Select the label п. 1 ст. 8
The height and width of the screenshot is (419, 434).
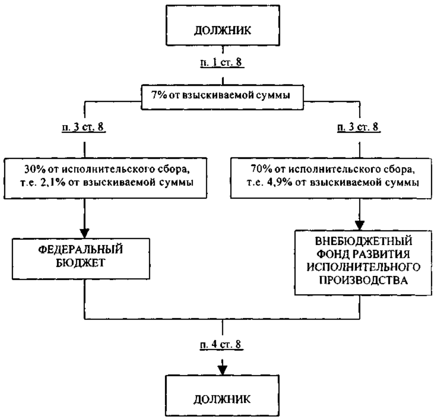tap(222, 62)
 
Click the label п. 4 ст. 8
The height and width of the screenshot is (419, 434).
tap(222, 345)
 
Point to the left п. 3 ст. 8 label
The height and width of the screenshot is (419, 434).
tap(83, 127)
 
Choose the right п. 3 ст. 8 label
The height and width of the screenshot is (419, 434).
tap(359, 127)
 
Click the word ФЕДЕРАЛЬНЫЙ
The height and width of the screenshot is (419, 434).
tap(81, 249)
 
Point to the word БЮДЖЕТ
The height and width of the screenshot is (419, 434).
tap(81, 263)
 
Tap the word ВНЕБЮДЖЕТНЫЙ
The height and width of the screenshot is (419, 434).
tap(363, 241)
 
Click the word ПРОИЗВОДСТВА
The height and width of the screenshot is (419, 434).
tap(363, 280)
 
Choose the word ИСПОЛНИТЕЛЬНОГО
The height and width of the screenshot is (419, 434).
tap(363, 267)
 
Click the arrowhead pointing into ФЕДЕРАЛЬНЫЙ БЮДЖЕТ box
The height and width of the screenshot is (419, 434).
tap(84, 233)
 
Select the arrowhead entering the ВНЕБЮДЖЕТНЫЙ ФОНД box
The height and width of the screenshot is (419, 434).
tap(360, 225)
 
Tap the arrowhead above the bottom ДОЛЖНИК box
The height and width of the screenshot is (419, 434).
tap(222, 370)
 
